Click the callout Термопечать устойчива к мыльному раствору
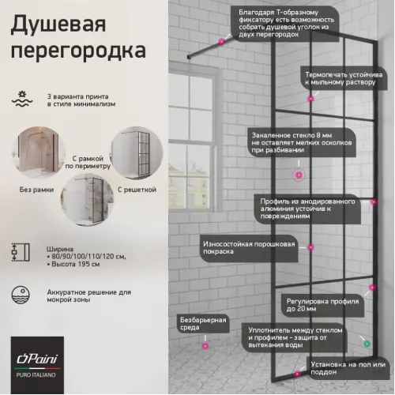pos(344,77)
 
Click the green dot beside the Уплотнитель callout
pos(366,344)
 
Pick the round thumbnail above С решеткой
pos(131,158)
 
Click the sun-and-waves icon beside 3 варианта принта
pos(21,99)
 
